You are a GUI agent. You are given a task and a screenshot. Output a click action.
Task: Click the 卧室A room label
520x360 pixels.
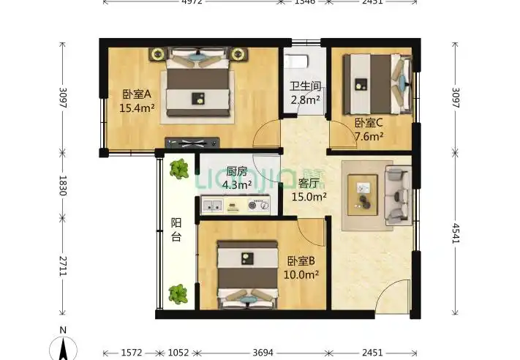tap(136, 94)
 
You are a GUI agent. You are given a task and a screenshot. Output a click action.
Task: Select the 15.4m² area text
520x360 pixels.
tap(136, 108)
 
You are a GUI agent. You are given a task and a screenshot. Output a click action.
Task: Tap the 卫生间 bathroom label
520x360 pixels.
tap(304, 86)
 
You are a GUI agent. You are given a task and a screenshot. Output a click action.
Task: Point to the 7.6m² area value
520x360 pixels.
tap(369, 136)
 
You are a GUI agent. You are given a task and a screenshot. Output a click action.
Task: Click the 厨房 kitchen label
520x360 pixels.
tap(236, 171)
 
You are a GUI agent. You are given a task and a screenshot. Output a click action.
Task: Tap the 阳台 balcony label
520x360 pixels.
tap(176, 230)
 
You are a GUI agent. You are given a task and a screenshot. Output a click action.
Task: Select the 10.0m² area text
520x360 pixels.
tap(301, 274)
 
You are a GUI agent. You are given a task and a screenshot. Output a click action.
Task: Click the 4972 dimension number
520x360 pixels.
tap(192, 3)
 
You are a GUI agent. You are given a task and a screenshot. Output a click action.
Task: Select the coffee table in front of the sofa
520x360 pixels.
tap(363, 194)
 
